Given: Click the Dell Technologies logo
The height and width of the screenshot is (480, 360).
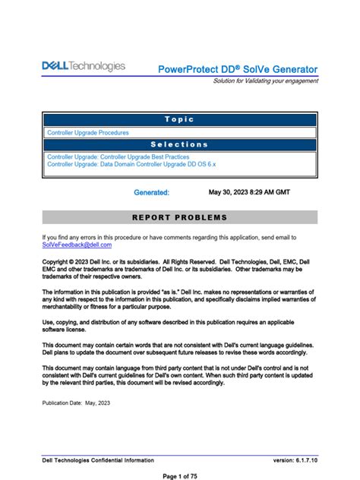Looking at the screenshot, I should [84, 67].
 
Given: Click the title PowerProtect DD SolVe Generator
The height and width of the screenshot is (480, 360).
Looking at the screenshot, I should [238, 69].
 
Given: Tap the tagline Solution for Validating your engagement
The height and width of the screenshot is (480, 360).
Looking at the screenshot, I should [265, 81].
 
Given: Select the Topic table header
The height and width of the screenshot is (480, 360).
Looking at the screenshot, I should [179, 119].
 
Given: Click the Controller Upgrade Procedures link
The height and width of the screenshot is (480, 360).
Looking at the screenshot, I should [88, 132].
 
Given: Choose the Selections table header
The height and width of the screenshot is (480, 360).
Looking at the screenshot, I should [179, 144].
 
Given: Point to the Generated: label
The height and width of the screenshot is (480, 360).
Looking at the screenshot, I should [151, 193].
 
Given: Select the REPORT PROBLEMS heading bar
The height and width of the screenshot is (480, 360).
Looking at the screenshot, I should [179, 218].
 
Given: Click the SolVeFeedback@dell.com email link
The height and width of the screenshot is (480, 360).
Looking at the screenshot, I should [77, 245].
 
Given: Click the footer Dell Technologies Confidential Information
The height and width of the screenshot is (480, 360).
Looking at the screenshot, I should [98, 460].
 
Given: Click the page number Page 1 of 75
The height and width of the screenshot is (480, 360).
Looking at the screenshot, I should [179, 475].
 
